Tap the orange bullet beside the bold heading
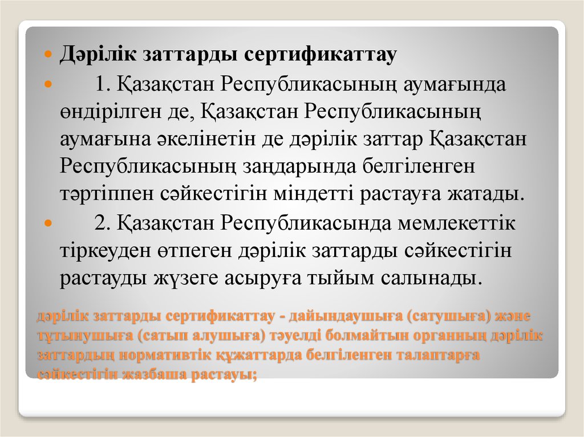coord(48,56)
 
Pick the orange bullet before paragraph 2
coord(48,223)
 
